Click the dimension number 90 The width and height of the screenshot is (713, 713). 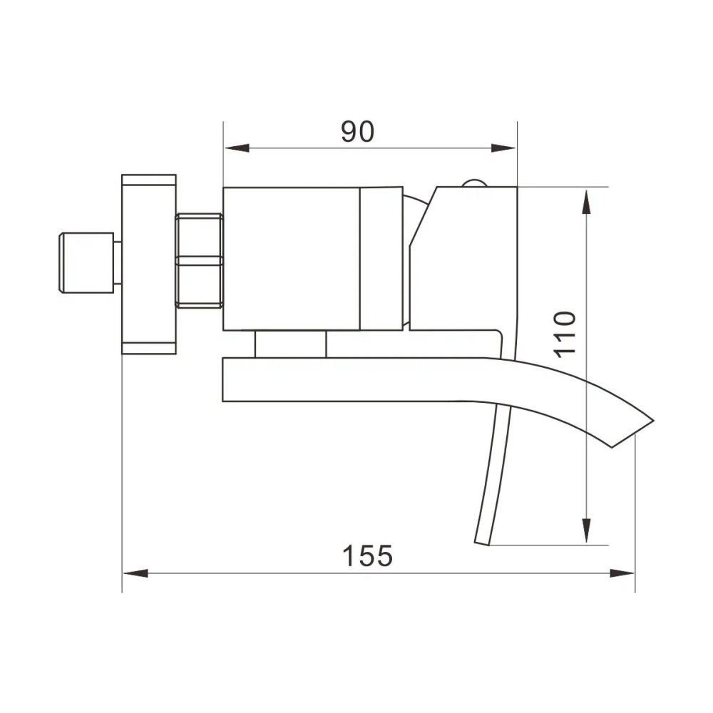[x=357, y=132]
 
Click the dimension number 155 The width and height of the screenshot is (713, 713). [x=367, y=555]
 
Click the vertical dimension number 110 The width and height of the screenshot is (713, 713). [x=565, y=335]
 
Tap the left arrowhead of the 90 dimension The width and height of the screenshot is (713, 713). [x=237, y=148]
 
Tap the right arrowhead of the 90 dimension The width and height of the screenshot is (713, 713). [x=503, y=148]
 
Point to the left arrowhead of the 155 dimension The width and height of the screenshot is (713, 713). [x=135, y=573]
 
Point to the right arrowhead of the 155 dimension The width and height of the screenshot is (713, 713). [x=622, y=573]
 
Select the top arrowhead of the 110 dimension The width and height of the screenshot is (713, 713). [x=587, y=202]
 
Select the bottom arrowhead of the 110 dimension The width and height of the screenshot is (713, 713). [x=587, y=530]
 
